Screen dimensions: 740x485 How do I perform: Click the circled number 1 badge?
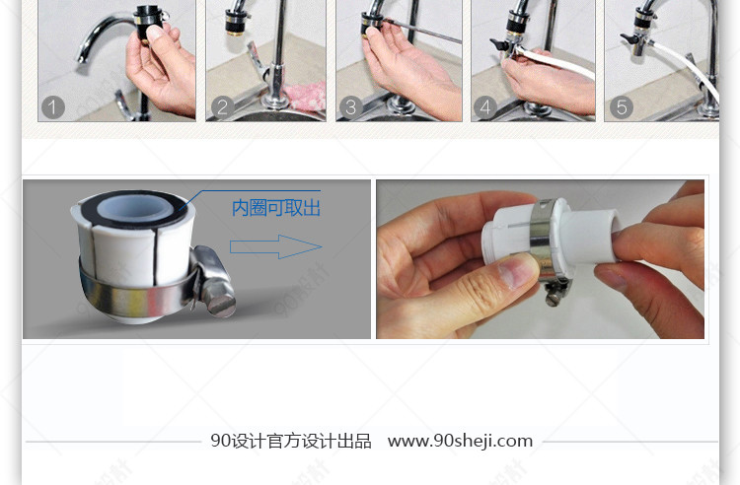[x=53, y=107]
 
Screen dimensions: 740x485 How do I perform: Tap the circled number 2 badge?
[x=223, y=107]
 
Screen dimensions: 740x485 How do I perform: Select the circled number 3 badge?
[x=351, y=107]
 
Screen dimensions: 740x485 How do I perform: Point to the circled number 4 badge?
[x=485, y=107]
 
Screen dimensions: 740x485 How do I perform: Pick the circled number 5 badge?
[x=622, y=107]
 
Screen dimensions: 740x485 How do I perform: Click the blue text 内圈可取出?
[x=276, y=208]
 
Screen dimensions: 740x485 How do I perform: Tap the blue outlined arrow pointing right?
[x=275, y=246]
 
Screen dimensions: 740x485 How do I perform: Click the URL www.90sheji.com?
[x=460, y=441]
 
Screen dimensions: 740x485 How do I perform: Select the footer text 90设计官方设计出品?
[x=291, y=442]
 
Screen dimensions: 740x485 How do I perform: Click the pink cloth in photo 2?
[x=307, y=96]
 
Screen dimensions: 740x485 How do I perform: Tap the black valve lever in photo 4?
[x=499, y=44]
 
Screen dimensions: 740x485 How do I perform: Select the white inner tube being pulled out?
[x=591, y=235]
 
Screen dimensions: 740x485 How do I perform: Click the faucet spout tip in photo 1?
[x=81, y=59]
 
